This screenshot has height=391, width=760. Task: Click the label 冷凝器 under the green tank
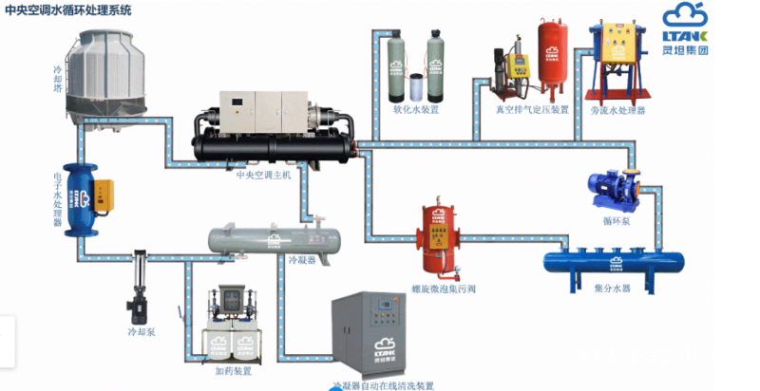pos(300,258)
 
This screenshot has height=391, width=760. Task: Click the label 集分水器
pos(612,287)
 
